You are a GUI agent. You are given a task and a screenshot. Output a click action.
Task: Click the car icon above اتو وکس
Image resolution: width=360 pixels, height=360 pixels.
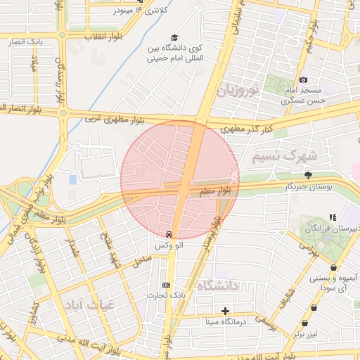tap(169, 233)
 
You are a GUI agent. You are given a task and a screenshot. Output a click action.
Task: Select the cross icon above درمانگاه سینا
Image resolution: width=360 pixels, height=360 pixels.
tap(225, 310)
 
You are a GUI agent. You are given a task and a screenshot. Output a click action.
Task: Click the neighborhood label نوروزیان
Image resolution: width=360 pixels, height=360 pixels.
tap(238, 89)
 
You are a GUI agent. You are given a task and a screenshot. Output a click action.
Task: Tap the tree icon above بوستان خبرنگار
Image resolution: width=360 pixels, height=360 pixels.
tap(308, 175)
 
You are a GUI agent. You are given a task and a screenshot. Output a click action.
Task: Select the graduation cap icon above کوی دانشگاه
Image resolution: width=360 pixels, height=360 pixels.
tap(174, 39)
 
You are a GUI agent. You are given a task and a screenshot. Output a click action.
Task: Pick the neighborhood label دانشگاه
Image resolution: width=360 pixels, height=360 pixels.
tap(220, 285)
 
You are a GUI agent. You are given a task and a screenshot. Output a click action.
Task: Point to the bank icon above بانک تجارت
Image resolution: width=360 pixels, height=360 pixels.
tap(166, 284)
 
